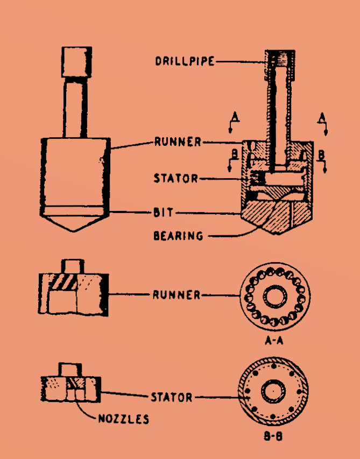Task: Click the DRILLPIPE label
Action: point(185,61)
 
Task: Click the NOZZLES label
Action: point(123,418)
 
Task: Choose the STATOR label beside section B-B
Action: point(171,398)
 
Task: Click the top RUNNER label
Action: point(178,143)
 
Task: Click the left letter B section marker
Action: point(232,154)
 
